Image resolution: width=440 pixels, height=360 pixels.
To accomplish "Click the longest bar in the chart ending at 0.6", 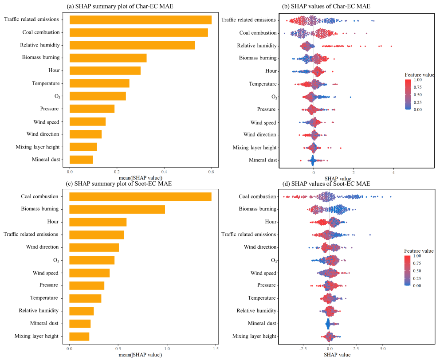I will pos(140,20).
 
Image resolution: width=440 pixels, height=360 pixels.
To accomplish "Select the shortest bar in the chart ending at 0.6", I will pos(81,160).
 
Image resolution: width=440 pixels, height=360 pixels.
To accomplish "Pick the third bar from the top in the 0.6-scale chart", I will pos(132,45).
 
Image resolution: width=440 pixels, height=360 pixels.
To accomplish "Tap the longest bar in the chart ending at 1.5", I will pos(140,197).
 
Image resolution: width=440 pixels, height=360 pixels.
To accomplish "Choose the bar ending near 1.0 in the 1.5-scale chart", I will pos(117,209).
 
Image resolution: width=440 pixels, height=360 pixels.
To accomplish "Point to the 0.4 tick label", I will pos(164,172).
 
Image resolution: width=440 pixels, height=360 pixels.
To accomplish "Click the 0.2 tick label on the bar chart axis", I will pos(117,172).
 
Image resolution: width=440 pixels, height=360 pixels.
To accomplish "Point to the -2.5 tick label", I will pos(303,348).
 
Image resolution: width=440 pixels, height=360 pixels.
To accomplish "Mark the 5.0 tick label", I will pos(382,348).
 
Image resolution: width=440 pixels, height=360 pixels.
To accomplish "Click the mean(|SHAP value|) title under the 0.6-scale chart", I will pos(140,177).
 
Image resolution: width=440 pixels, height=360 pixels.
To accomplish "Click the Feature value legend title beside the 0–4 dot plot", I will pos(419,75).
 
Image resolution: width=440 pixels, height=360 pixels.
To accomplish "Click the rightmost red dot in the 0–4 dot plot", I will pos(391,46).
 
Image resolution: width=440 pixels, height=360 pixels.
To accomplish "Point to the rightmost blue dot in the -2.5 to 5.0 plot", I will pos(390,197).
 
